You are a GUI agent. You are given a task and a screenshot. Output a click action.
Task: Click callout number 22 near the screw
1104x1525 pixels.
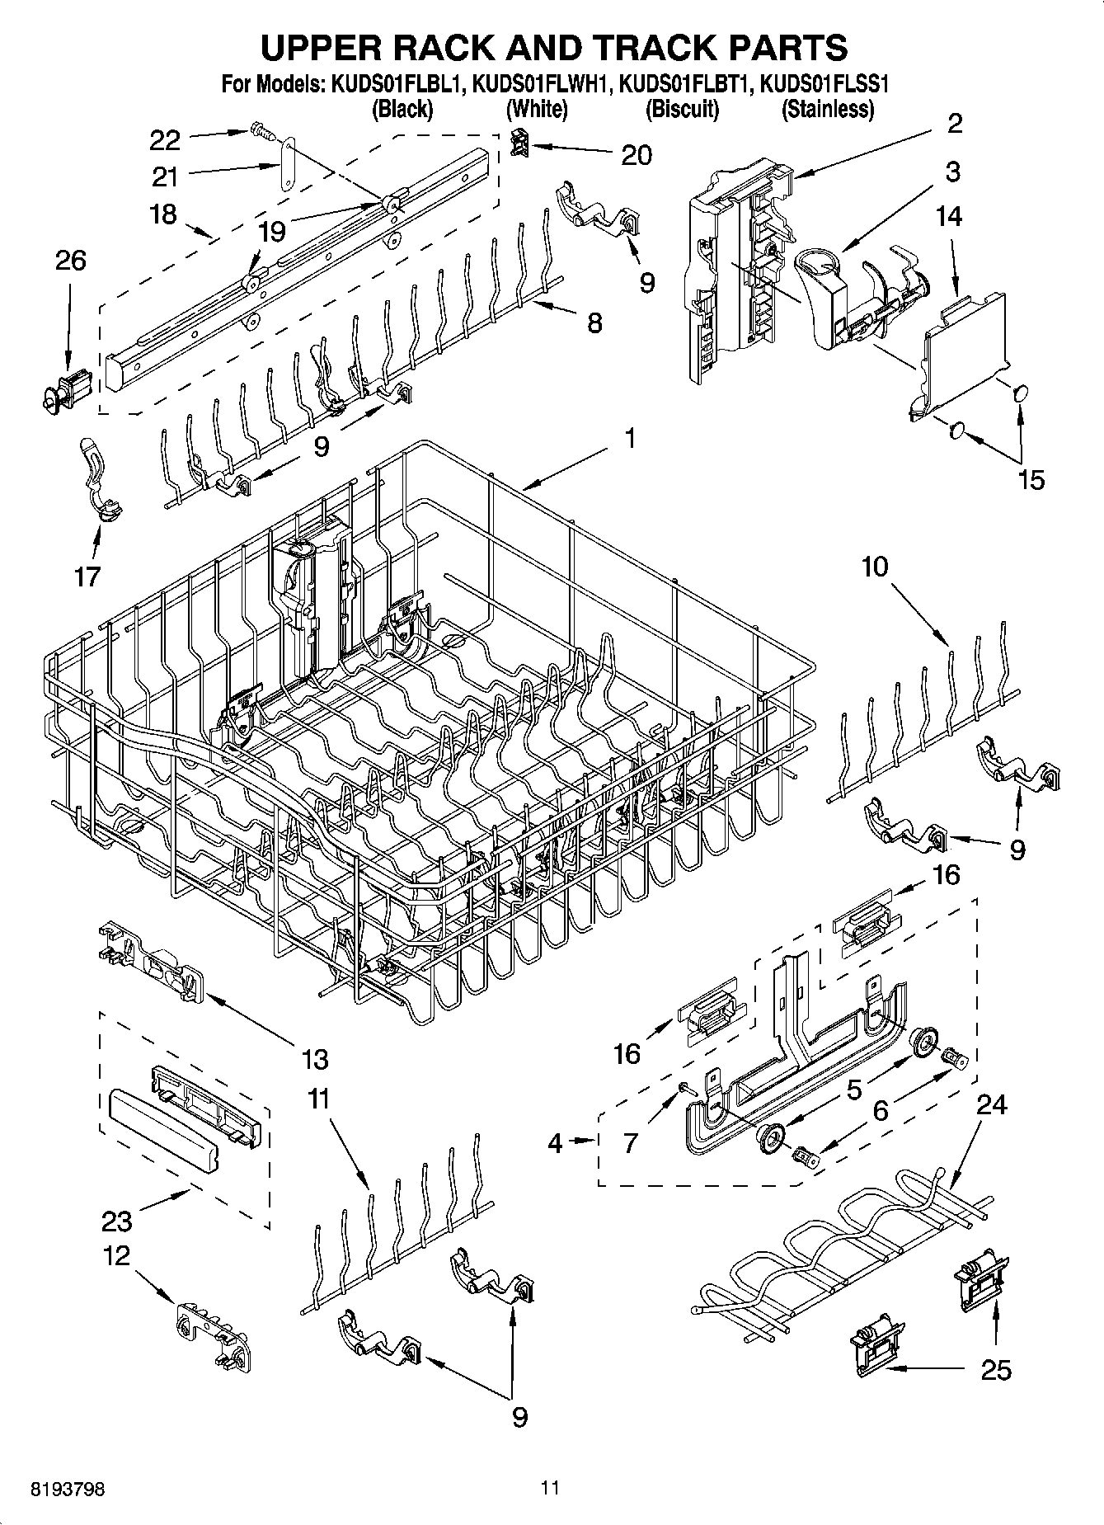click(165, 140)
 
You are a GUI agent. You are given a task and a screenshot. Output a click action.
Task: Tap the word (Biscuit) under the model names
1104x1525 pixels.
click(682, 109)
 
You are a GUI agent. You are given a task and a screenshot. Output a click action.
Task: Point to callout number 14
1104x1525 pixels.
click(949, 216)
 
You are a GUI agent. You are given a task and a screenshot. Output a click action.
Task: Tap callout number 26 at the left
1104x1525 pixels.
click(70, 261)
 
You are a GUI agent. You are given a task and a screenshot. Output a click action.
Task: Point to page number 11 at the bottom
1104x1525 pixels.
click(550, 1488)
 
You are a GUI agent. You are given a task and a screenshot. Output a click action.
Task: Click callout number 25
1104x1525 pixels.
click(996, 1370)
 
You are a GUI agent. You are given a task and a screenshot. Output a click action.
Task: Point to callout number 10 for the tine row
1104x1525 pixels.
click(876, 567)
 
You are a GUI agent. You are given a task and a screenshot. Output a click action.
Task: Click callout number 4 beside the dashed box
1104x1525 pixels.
click(555, 1142)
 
